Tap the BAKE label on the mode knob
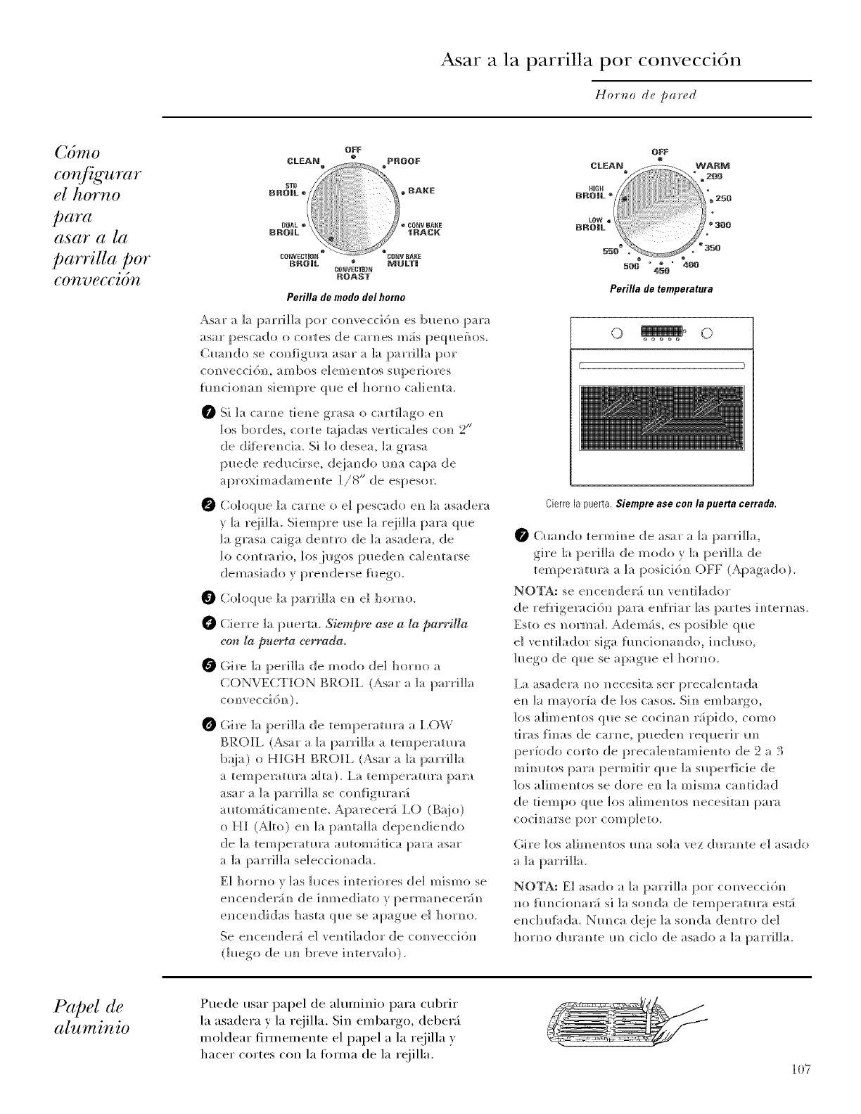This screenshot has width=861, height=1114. click(x=421, y=191)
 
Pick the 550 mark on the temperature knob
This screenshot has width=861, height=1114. click(x=611, y=251)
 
